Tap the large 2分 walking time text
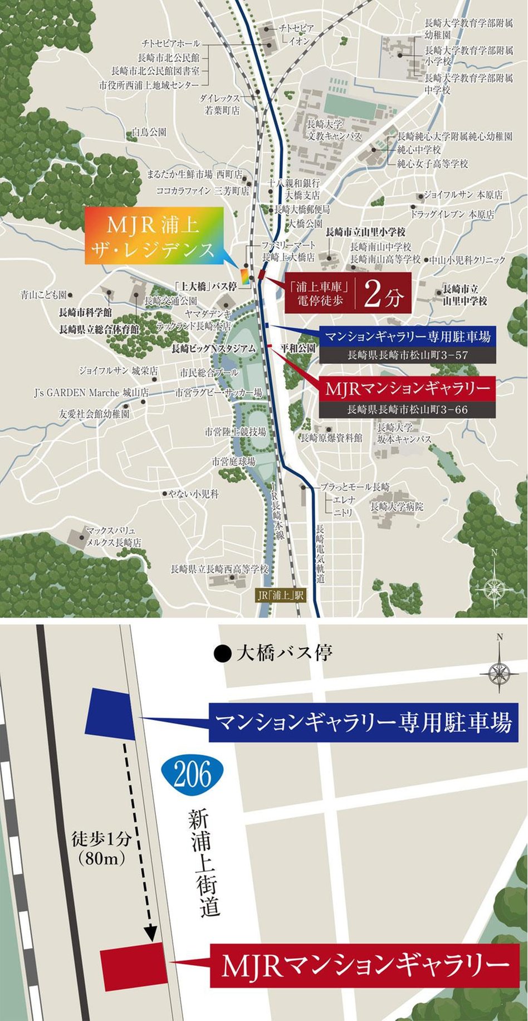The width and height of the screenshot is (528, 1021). tap(384, 294)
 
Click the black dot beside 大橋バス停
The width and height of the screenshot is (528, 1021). tap(223, 653)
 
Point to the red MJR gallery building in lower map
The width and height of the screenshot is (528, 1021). tap(134, 966)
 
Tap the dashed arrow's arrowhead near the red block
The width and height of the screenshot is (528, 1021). tap(150, 932)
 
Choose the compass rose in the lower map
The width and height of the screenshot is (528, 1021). tap(499, 673)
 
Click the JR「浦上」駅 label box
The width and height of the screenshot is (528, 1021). tap(281, 595)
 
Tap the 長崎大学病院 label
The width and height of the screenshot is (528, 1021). tap(397, 506)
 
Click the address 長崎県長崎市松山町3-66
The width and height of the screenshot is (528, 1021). tap(407, 410)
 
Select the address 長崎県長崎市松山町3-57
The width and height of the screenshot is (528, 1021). tap(407, 355)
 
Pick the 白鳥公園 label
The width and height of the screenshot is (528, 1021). tap(149, 132)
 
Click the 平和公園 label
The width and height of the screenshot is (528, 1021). tap(298, 348)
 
